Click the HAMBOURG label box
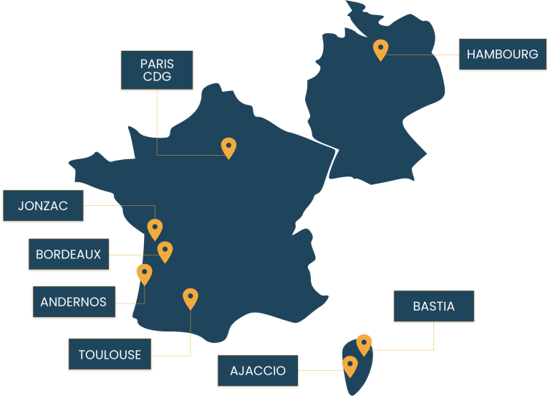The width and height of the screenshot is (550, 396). point(503,54)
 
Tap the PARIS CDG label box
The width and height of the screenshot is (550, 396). point(157,70)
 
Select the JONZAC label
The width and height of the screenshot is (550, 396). point(43,206)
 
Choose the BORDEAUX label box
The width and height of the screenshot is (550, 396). point(69,254)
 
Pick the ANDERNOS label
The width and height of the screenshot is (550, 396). point(74,301)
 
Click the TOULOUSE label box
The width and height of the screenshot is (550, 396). point(110,354)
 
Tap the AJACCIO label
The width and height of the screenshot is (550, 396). point(258,371)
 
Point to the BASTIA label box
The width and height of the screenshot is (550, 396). point(434,306)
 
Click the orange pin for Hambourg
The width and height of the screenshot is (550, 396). point(380,50)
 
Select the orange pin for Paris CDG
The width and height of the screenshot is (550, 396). point(228,148)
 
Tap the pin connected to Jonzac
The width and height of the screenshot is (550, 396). point(155,230)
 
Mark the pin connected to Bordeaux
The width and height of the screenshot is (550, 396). point(165,252)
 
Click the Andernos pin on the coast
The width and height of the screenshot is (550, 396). point(144,275)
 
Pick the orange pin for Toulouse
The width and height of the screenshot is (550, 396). point(190,299)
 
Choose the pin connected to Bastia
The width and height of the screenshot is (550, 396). point(364,345)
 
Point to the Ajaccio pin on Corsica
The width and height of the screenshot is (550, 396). point(350,367)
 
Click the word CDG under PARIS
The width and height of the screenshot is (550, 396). point(157,77)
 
